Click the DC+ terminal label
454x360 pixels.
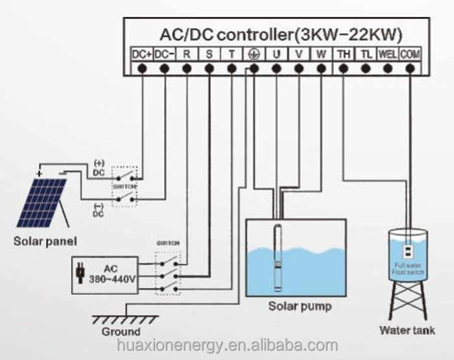(141, 54)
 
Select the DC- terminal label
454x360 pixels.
(164, 54)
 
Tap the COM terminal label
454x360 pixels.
(410, 54)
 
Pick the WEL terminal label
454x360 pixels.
(388, 54)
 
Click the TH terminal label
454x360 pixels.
(343, 54)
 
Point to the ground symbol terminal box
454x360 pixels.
(254, 54)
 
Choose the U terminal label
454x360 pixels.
(276, 54)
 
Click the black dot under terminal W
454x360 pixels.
(321, 68)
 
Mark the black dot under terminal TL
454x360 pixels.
(366, 68)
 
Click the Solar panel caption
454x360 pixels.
(45, 241)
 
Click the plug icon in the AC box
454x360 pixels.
(80, 273)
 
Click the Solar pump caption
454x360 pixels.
(300, 306)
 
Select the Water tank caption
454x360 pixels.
(408, 330)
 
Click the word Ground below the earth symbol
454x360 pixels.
(121, 331)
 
